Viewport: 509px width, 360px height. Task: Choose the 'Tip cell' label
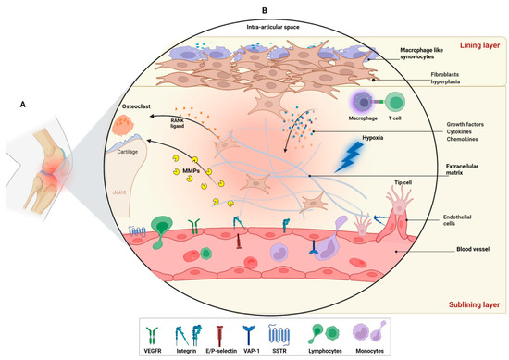(365, 183)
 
